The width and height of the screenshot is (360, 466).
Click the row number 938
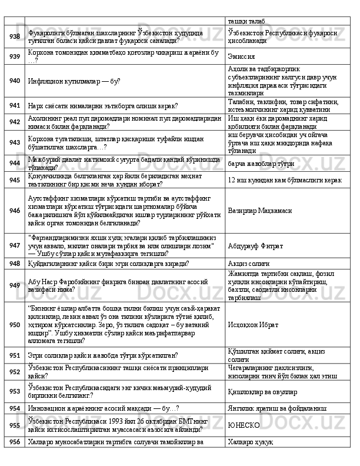(x=14, y=37)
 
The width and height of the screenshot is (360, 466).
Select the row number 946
(x=14, y=209)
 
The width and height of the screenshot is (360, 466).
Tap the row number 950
(x=14, y=324)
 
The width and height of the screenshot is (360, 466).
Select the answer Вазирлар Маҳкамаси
(x=261, y=209)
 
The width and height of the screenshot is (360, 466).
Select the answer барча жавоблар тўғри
(x=259, y=162)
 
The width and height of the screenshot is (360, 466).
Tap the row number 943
(x=14, y=142)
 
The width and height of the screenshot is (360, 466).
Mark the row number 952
(x=14, y=372)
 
